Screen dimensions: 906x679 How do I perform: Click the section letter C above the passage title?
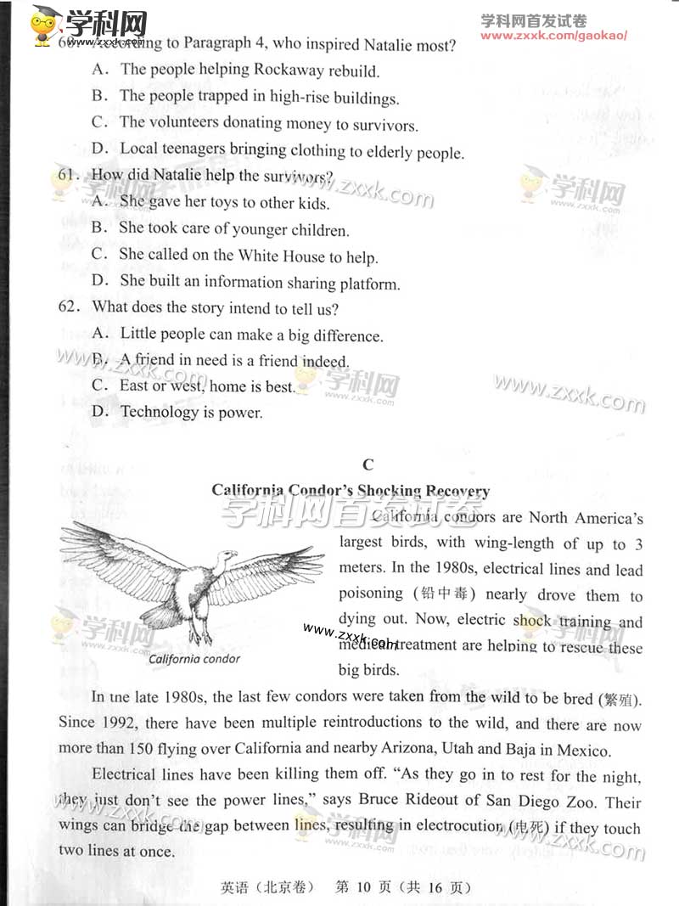[x=367, y=464]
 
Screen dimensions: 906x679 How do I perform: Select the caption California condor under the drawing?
[x=194, y=659]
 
